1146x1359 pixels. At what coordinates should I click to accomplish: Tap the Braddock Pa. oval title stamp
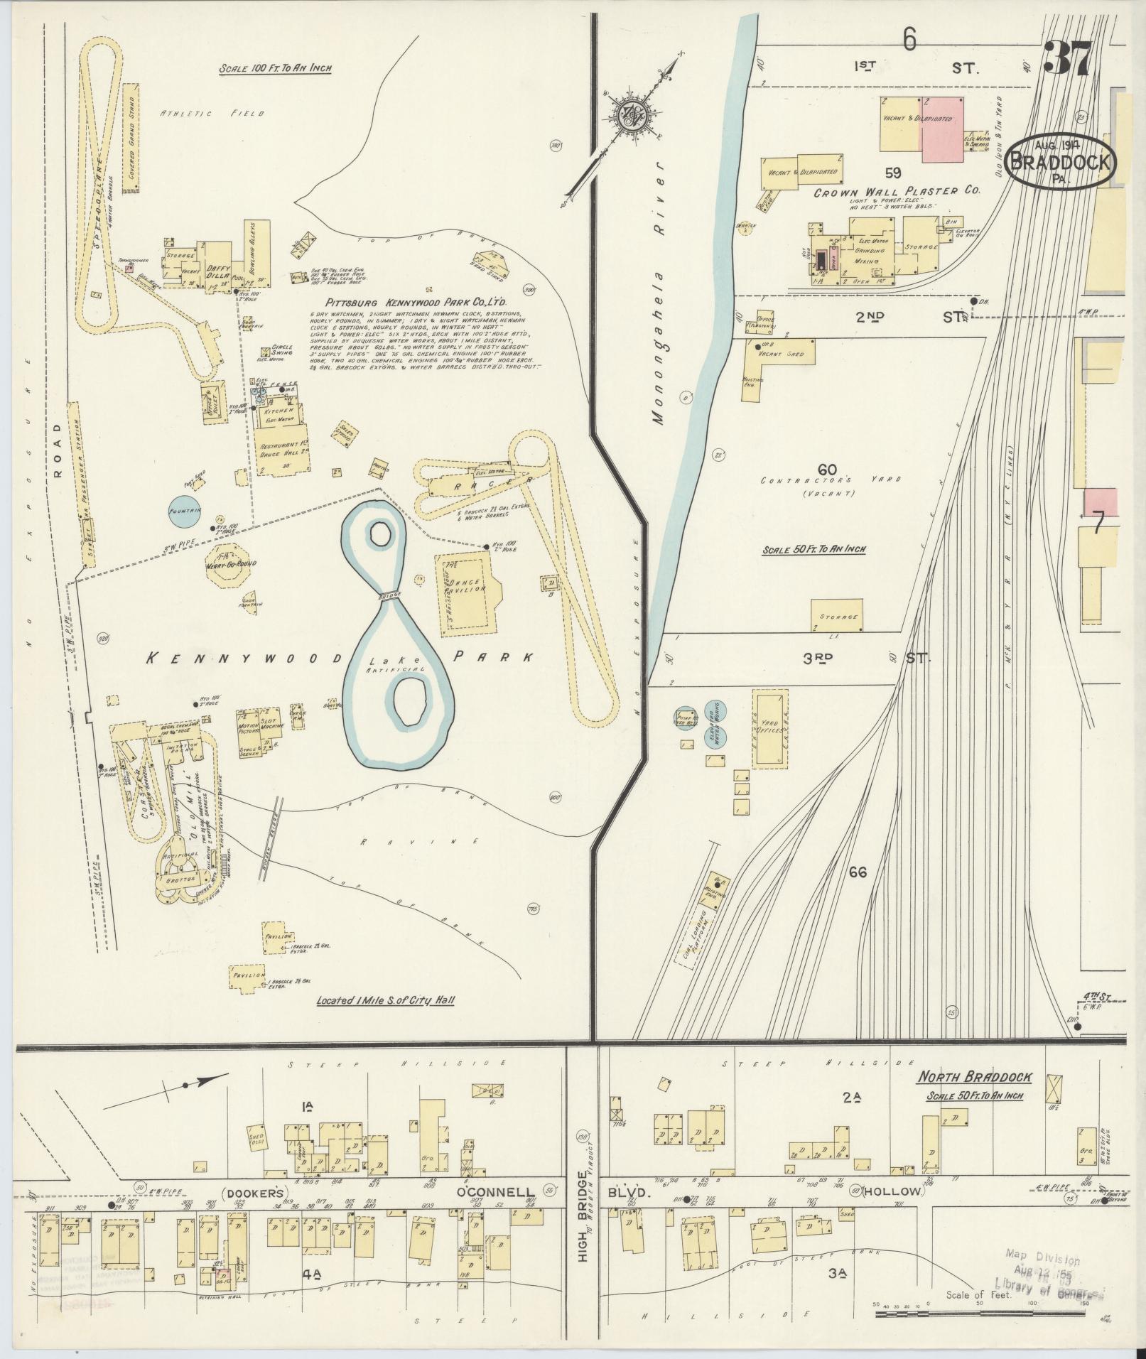click(1059, 163)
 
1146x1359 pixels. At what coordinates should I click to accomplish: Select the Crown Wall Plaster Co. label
click(897, 192)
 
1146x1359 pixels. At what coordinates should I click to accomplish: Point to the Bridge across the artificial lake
click(390, 596)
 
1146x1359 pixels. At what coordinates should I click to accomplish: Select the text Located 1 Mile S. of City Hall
click(385, 1001)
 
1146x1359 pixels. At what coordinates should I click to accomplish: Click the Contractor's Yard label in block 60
click(828, 480)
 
